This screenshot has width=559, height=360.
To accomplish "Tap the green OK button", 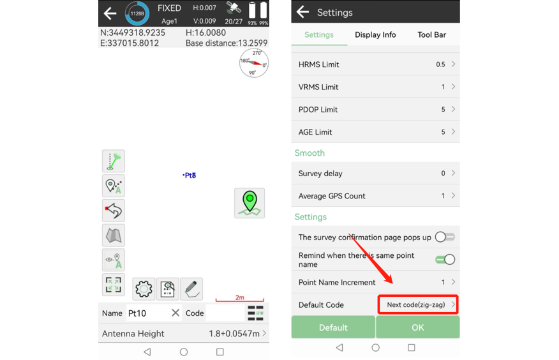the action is pyautogui.click(x=417, y=327).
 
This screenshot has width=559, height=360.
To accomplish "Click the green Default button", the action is pyautogui.click(x=333, y=327).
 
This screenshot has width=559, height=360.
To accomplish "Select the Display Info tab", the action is pyautogui.click(x=375, y=34).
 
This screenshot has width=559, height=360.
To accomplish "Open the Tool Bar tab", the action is pyautogui.click(x=431, y=34).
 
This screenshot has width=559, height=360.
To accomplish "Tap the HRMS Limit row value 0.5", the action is pyautogui.click(x=440, y=64).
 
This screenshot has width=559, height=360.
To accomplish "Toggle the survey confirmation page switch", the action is pyautogui.click(x=445, y=237).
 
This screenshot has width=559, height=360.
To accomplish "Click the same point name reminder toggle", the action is pyautogui.click(x=445, y=260).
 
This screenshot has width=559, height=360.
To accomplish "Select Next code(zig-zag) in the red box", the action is pyautogui.click(x=415, y=304).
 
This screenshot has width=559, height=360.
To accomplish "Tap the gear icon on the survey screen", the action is pyautogui.click(x=144, y=289).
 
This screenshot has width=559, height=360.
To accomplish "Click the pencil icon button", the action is pyautogui.click(x=191, y=289).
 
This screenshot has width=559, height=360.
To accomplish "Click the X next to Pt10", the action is pyautogui.click(x=175, y=313).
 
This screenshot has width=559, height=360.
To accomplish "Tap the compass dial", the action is pyautogui.click(x=254, y=63).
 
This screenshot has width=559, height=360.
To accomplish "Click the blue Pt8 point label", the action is pyautogui.click(x=190, y=176).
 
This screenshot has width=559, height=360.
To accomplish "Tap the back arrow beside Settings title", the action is pyautogui.click(x=302, y=11).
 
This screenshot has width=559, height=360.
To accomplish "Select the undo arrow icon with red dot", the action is pyautogui.click(x=114, y=210).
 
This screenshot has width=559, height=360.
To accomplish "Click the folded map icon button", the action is pyautogui.click(x=114, y=236).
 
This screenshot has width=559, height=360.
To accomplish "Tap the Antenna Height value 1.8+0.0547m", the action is pyautogui.click(x=234, y=334).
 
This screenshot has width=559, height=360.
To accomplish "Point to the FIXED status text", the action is pyautogui.click(x=169, y=8).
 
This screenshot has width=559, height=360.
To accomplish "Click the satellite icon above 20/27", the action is pyautogui.click(x=234, y=8).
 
